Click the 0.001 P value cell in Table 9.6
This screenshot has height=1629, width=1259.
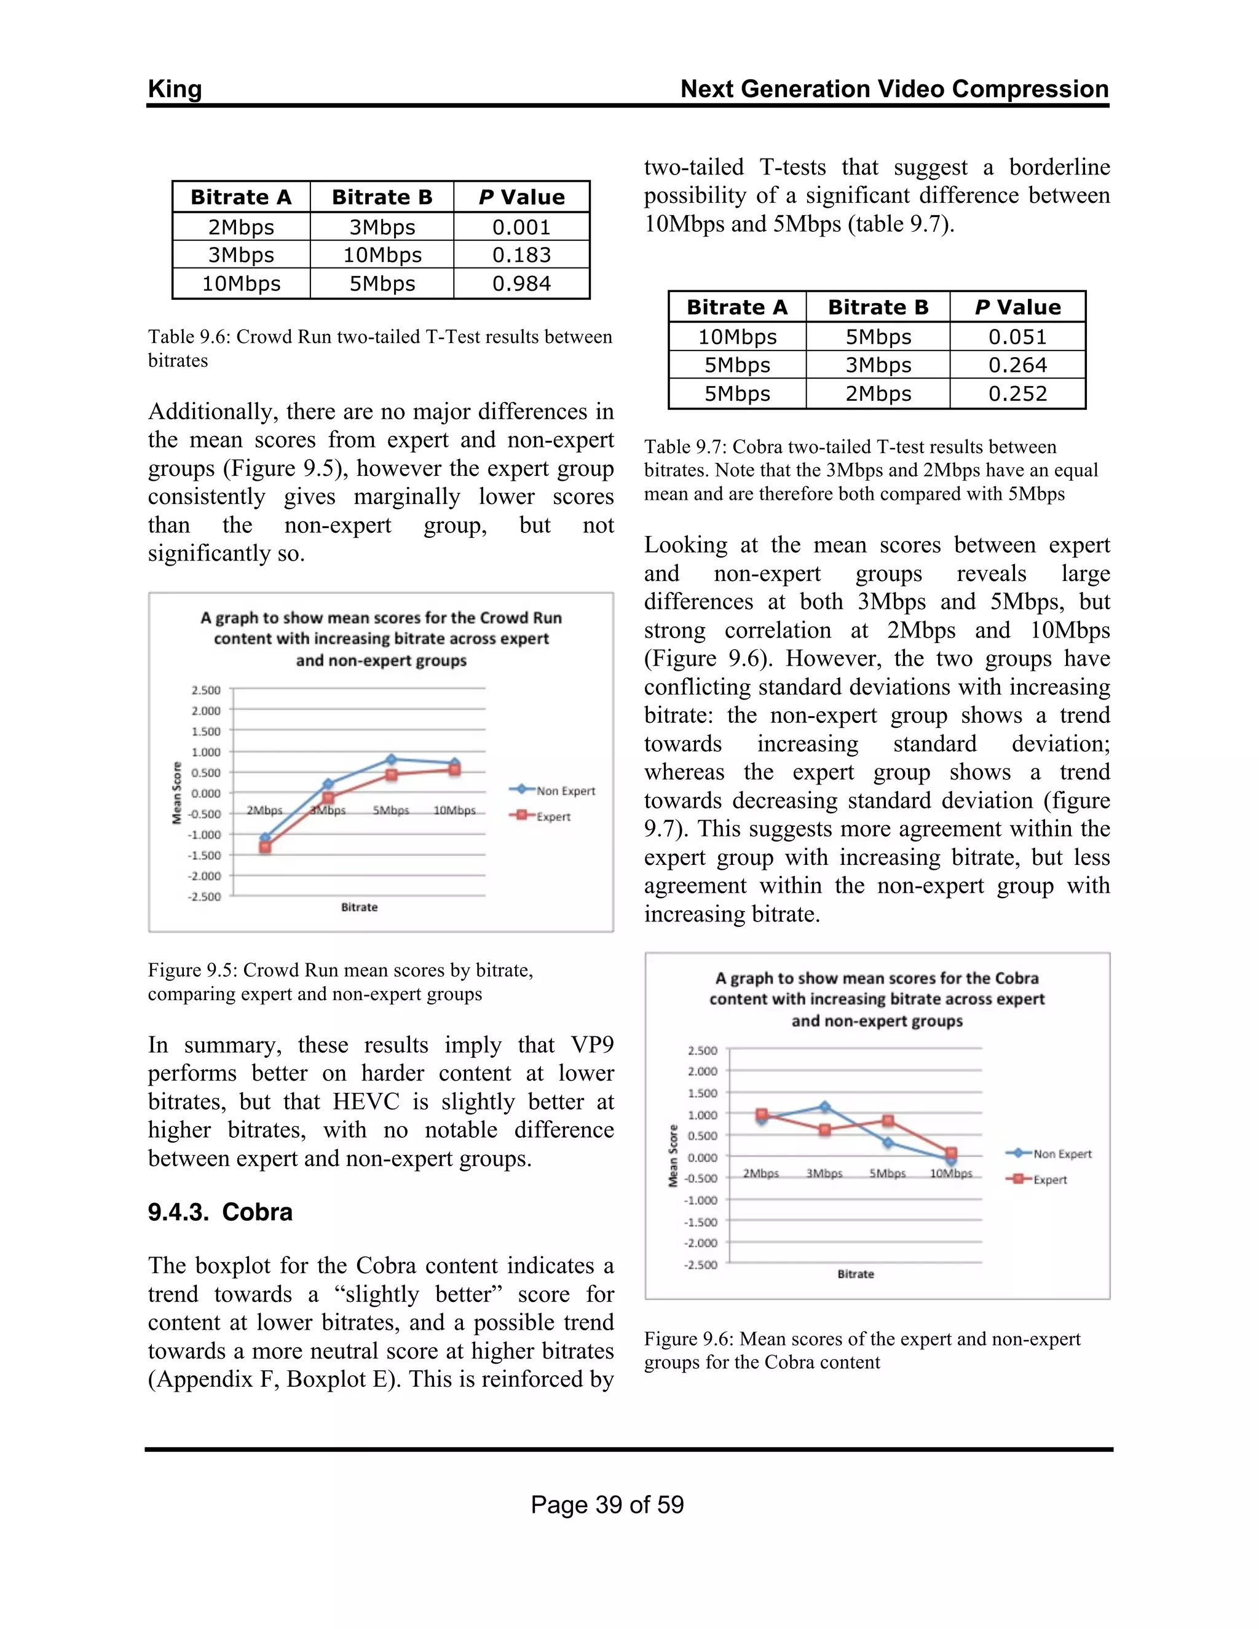click(x=521, y=227)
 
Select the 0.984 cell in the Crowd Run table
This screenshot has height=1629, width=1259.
click(x=521, y=283)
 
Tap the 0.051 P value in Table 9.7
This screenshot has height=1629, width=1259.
click(x=1017, y=337)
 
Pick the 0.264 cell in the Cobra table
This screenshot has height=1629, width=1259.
click(x=1017, y=366)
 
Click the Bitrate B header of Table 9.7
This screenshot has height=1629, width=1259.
click(x=878, y=307)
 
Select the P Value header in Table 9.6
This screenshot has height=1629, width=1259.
click(x=521, y=197)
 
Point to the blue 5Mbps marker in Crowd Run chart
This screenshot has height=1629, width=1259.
click(x=392, y=759)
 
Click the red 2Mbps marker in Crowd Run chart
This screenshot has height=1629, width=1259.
click(x=265, y=847)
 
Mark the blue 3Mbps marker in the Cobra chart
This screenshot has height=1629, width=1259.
click(x=825, y=1107)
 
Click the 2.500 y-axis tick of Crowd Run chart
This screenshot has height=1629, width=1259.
click(x=206, y=690)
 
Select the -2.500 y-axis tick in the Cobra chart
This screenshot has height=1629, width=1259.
click(x=701, y=1264)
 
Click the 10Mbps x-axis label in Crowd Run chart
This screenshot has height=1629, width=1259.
click(x=454, y=810)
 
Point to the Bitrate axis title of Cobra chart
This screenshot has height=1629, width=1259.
click(x=856, y=1274)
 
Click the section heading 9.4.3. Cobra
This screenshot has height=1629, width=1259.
click(x=220, y=1212)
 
